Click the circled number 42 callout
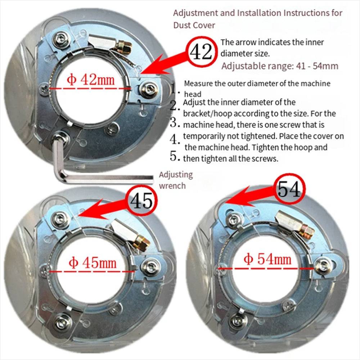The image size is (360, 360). (x=201, y=52)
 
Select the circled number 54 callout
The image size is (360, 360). (x=289, y=189)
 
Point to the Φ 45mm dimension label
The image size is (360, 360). (x=93, y=263)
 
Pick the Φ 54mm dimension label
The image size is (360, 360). (x=267, y=259)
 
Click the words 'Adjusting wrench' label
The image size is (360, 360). (x=176, y=180)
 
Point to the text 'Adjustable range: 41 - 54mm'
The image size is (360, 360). (x=280, y=66)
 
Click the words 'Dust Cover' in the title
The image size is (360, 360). (x=194, y=25)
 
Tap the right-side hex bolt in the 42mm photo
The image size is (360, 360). (x=149, y=89)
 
